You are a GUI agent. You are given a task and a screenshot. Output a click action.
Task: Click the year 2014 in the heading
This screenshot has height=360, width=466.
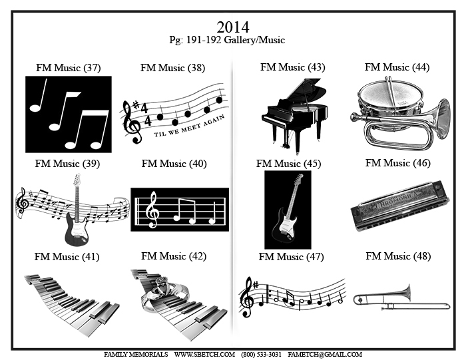[233, 27]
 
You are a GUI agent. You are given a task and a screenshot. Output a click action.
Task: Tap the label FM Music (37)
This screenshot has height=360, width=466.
[69, 68]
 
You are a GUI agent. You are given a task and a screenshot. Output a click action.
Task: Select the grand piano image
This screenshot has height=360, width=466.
[294, 116]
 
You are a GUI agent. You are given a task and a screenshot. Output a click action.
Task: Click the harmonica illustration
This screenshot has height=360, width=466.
[400, 206]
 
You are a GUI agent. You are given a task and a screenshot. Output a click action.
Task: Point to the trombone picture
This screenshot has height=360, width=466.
[401, 298]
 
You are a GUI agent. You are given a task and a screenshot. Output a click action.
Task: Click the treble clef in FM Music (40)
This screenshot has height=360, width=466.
[152, 210]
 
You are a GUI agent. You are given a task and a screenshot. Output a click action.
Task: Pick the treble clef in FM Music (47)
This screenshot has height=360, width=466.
[247, 297]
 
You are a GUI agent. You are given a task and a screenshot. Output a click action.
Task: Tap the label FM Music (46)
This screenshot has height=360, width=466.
[398, 163]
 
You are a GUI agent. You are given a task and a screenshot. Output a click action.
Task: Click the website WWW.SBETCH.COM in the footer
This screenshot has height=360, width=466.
[204, 355]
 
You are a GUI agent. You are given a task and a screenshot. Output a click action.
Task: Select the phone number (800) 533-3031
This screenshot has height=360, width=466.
[261, 355]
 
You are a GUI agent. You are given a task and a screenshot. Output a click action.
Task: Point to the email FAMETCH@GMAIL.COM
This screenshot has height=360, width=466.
[325, 355]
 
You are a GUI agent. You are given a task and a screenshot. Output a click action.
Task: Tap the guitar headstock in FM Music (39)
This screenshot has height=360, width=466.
[77, 179]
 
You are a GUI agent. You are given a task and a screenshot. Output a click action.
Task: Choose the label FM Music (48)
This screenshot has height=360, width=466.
[398, 256]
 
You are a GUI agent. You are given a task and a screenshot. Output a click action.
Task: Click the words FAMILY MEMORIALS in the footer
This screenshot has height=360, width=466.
[136, 355]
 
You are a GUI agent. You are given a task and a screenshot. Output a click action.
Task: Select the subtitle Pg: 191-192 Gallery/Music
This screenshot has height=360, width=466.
[227, 40]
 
